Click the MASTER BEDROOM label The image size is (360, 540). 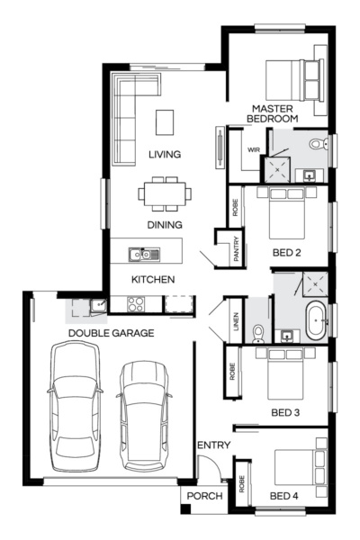tap(274, 112)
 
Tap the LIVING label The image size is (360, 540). tap(165, 155)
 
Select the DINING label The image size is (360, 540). tap(165, 225)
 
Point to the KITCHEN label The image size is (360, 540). tap(153, 280)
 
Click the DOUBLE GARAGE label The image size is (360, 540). tap(111, 333)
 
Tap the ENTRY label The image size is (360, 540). tap(214, 445)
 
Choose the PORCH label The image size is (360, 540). tap(204, 496)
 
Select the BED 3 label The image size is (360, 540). tap(286, 413)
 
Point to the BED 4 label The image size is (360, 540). tap(284, 496)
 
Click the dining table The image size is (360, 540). tap(164, 192)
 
